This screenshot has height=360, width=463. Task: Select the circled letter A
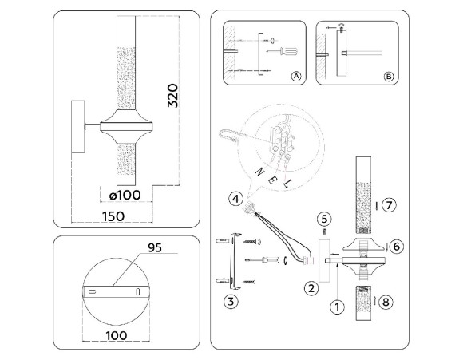pos(296,77)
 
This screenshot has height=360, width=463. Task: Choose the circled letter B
pos(388,77)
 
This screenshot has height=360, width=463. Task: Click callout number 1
pos(338,304)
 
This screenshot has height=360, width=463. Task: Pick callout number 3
pos(230,302)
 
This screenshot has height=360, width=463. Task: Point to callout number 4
pos(234,199)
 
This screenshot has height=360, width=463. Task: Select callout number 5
pos(323,218)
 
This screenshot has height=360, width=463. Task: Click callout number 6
pos(396,248)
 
